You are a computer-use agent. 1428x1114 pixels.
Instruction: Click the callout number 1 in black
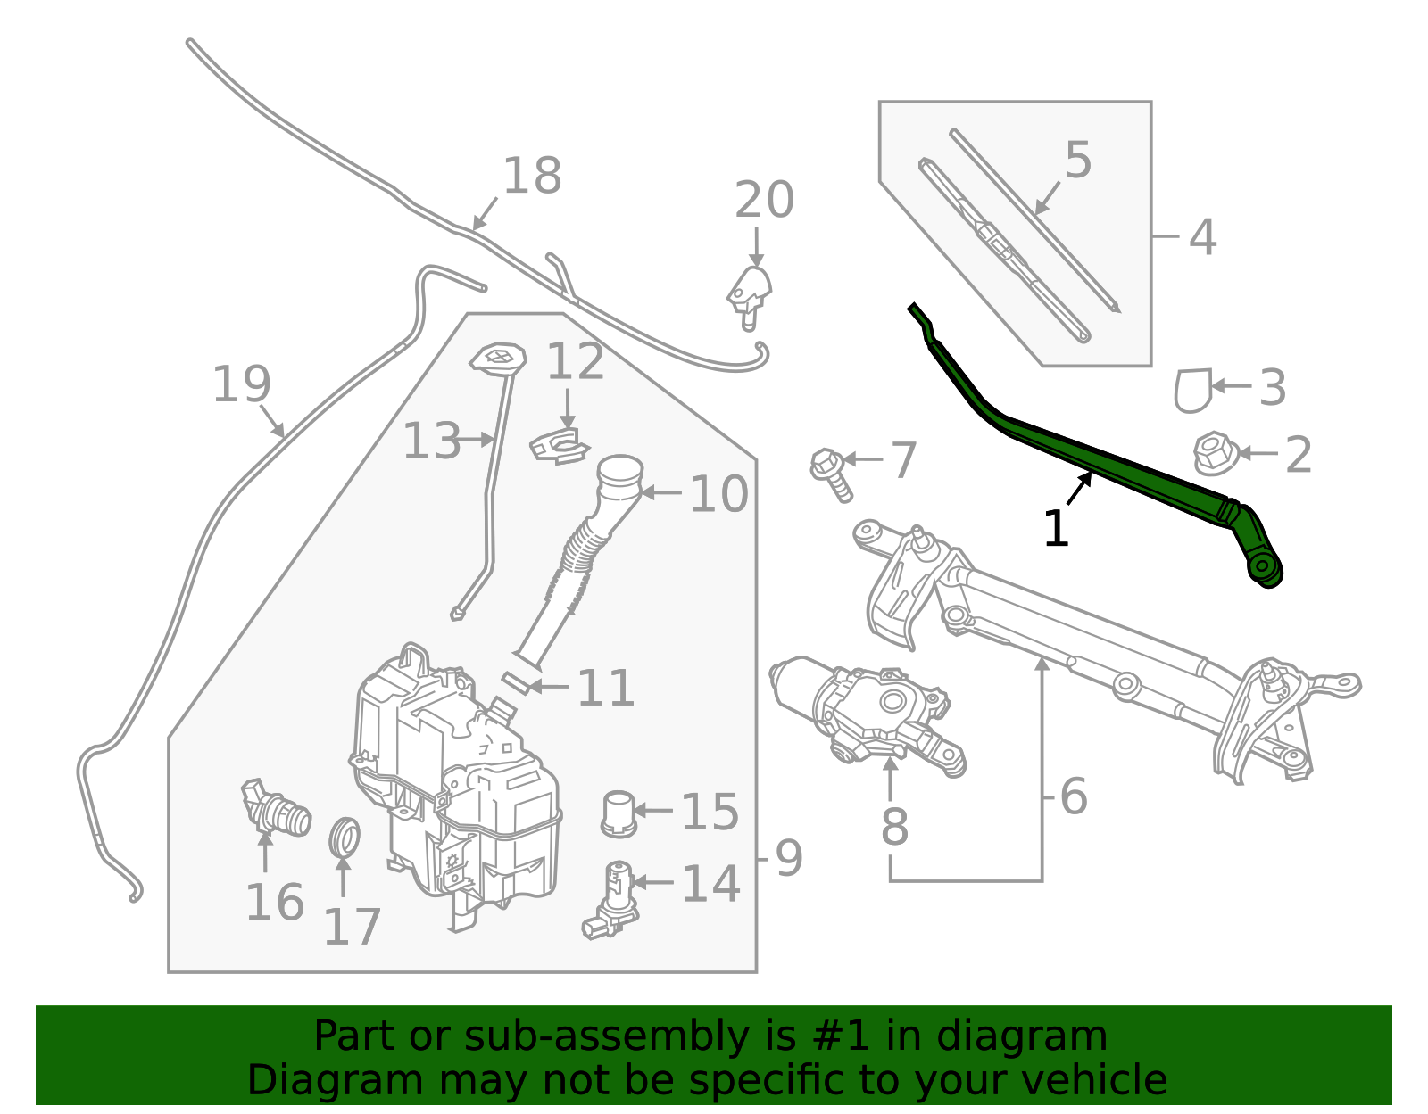click(x=1055, y=529)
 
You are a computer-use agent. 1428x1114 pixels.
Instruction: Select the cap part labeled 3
click(x=1192, y=390)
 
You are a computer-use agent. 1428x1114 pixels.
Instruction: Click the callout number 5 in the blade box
click(x=1078, y=161)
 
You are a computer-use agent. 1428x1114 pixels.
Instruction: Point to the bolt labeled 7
click(x=830, y=473)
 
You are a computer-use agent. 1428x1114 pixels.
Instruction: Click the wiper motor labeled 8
click(x=866, y=714)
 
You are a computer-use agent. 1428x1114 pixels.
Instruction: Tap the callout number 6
click(x=1074, y=796)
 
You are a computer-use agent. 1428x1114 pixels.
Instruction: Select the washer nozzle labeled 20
click(x=750, y=293)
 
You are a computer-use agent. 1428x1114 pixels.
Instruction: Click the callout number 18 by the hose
click(x=532, y=176)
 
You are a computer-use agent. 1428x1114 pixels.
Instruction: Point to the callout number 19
click(x=241, y=384)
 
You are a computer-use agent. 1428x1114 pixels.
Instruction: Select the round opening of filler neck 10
click(x=620, y=470)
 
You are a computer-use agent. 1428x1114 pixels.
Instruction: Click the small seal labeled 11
click(x=516, y=684)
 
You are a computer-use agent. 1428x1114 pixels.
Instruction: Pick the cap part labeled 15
click(x=619, y=813)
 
